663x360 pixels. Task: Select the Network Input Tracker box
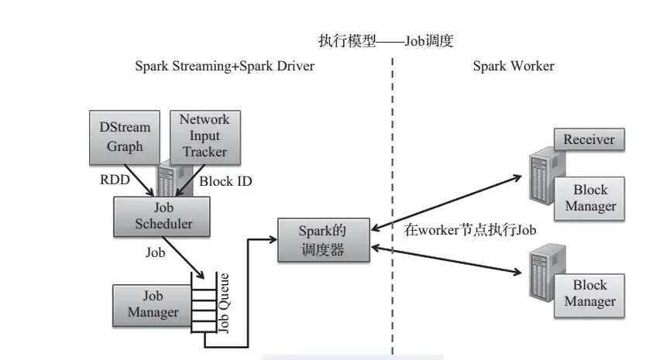click(204, 135)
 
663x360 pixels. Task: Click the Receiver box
click(589, 139)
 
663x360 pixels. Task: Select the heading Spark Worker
click(514, 67)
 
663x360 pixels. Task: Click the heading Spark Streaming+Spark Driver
click(225, 67)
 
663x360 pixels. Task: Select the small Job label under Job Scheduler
click(156, 252)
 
